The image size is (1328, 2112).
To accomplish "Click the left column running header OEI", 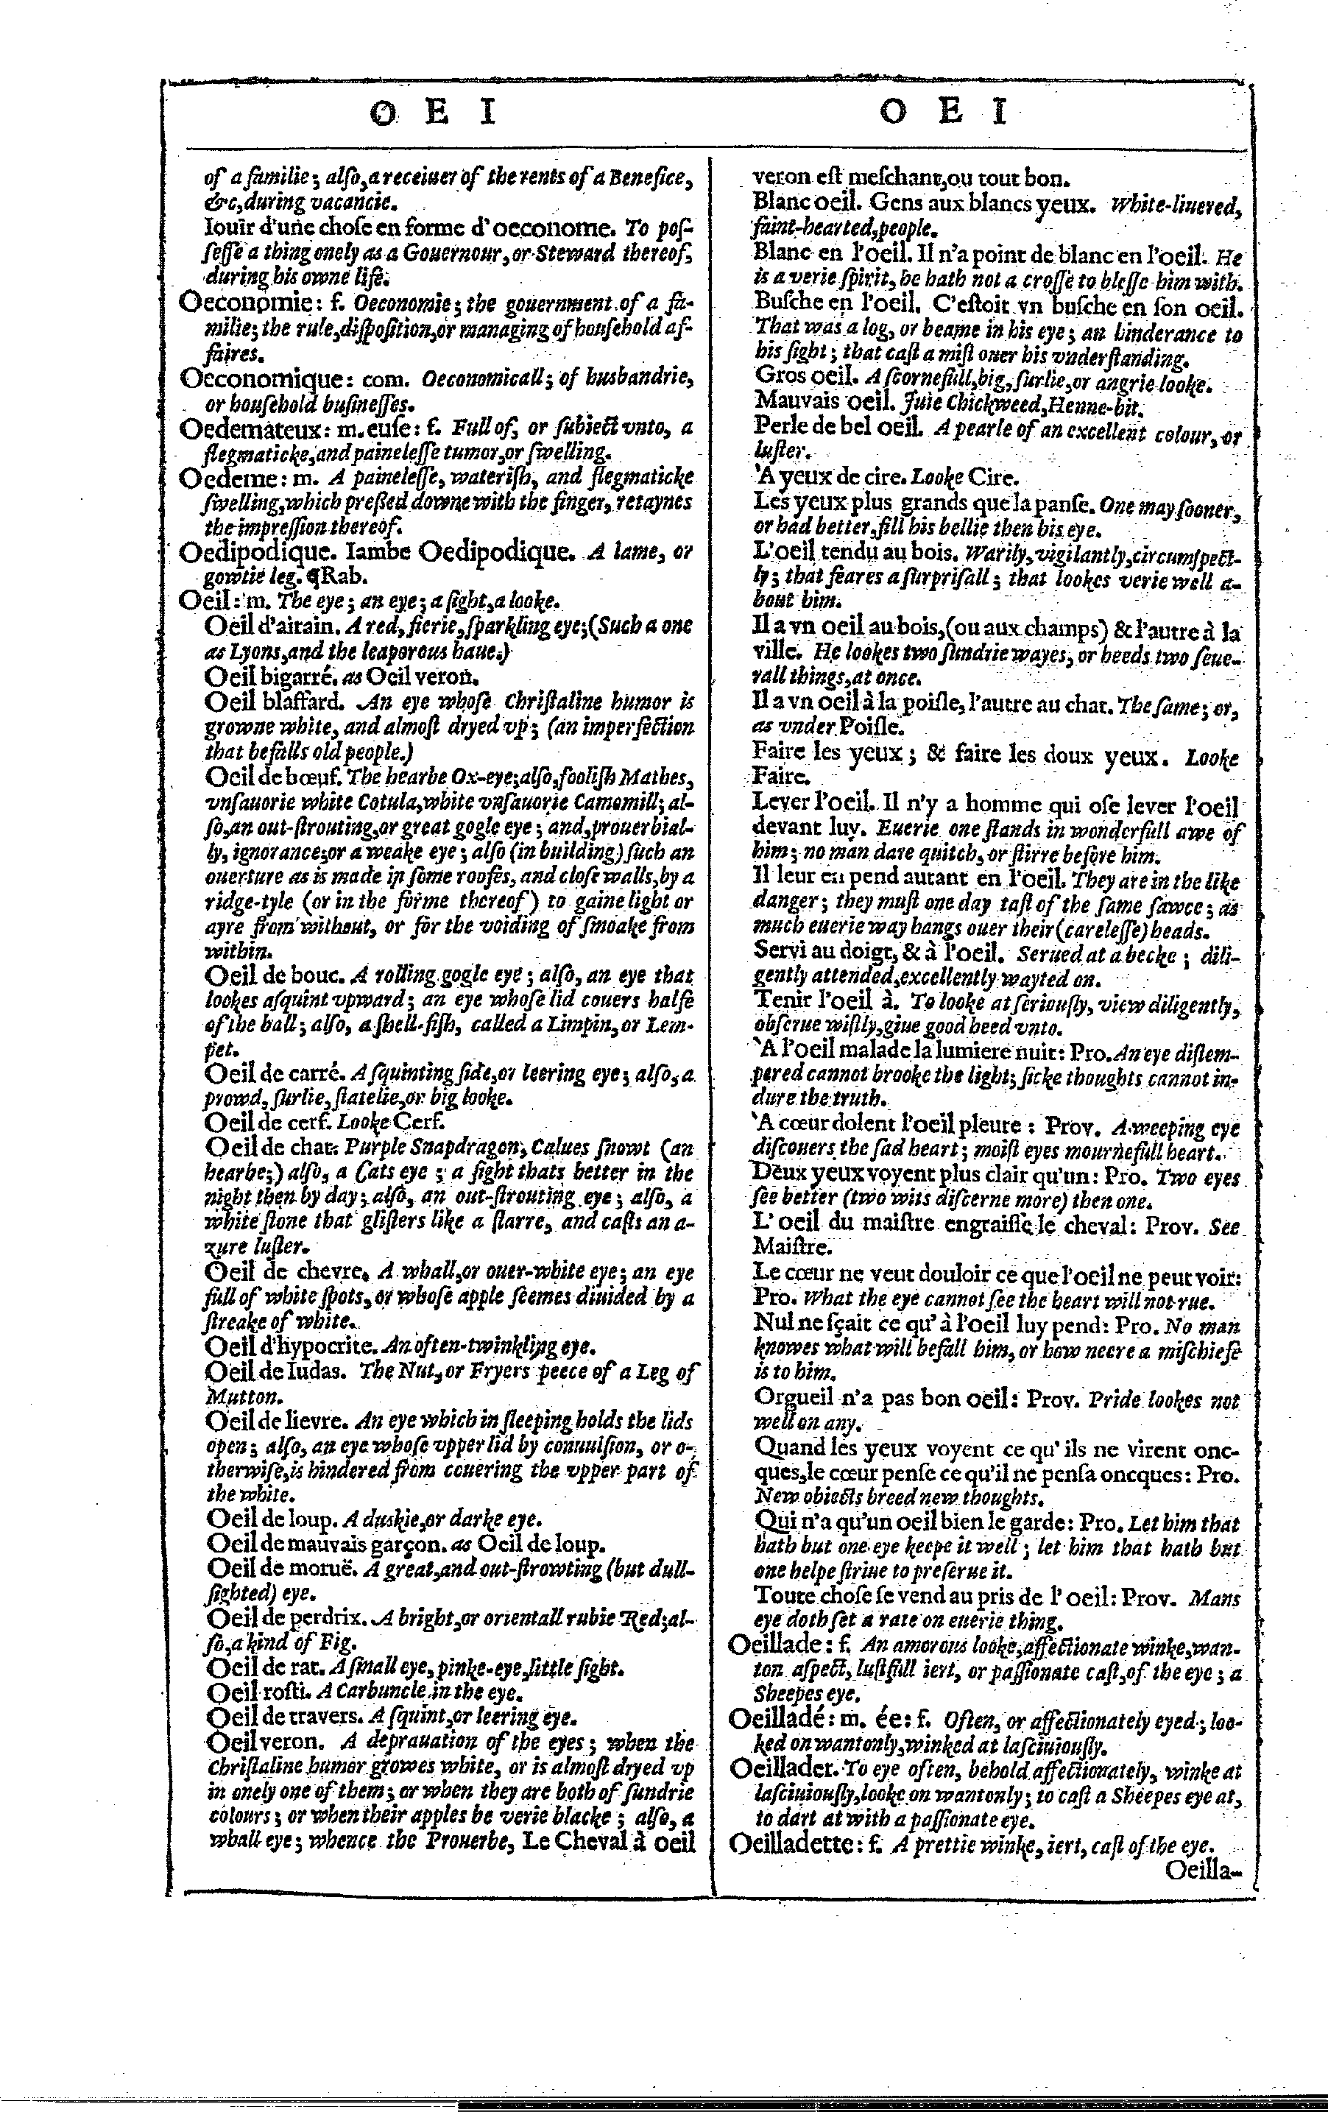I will pyautogui.click(x=432, y=113).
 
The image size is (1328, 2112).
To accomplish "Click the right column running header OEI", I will pyautogui.click(x=944, y=113).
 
